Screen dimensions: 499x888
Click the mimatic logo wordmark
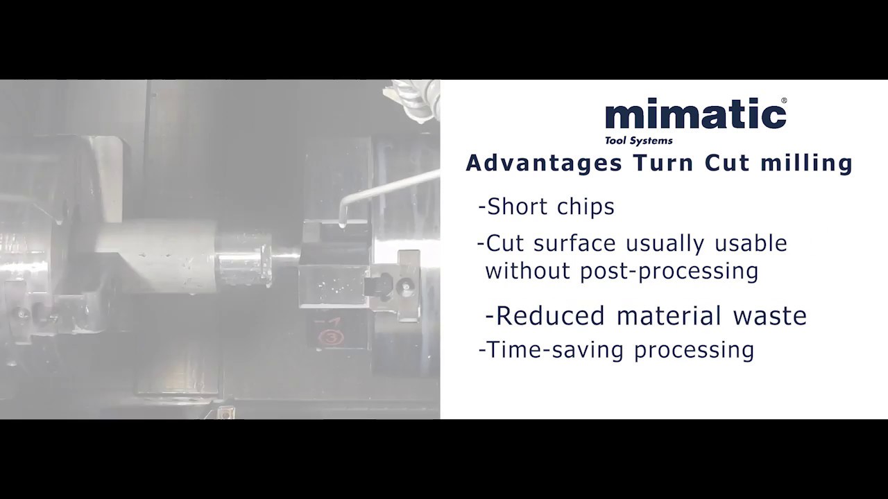pyautogui.click(x=695, y=116)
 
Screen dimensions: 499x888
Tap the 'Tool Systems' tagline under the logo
pyautogui.click(x=638, y=141)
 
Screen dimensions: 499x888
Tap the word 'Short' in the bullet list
pyautogui.click(x=516, y=207)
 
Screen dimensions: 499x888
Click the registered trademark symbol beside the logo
pyautogui.click(x=784, y=101)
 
